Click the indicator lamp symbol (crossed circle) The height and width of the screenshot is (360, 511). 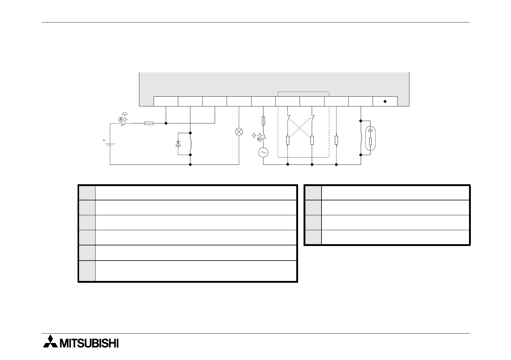(x=239, y=132)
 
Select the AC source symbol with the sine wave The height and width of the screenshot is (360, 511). (x=263, y=152)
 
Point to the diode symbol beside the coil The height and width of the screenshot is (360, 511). (x=178, y=144)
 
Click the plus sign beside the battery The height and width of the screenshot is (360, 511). (x=104, y=140)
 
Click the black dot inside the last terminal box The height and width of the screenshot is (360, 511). (x=385, y=101)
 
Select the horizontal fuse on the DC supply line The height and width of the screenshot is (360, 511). (x=148, y=123)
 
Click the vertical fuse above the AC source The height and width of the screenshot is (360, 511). (x=263, y=121)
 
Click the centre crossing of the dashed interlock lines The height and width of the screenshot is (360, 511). (x=300, y=128)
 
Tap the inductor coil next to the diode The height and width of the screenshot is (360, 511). (x=191, y=144)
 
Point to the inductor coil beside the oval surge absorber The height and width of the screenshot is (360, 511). (x=361, y=138)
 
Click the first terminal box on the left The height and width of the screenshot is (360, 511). (x=166, y=101)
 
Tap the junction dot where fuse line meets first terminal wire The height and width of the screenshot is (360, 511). (x=166, y=123)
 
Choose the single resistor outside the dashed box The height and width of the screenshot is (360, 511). (x=336, y=140)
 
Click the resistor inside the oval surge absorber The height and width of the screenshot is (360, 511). (x=370, y=142)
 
